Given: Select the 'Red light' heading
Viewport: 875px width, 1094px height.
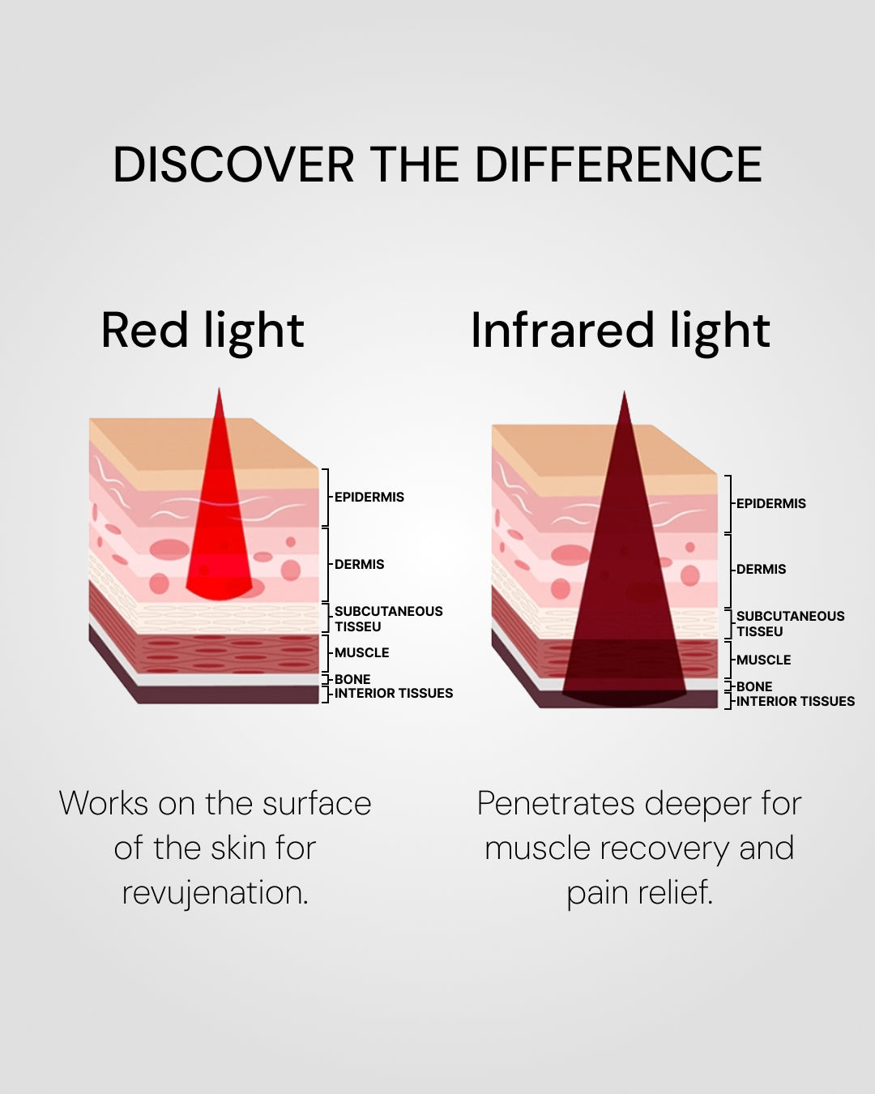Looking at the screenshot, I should (x=203, y=331).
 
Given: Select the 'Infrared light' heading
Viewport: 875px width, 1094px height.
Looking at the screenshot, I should (x=620, y=331).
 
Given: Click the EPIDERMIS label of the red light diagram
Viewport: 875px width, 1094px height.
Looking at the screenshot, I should (x=369, y=497).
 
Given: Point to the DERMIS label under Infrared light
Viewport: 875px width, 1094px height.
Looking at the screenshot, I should (x=761, y=569).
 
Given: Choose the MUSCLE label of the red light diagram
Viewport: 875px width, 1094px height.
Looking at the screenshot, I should (x=361, y=652).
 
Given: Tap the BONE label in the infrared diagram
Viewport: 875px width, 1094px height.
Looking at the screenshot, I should (x=753, y=686).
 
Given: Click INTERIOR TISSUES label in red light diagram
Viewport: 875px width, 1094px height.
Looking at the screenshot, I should (x=394, y=693).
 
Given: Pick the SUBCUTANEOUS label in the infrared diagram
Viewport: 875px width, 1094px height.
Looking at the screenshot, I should (x=790, y=616).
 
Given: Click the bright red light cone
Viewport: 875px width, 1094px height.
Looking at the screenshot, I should (x=219, y=535).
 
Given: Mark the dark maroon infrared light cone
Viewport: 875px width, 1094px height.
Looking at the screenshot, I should (x=624, y=583).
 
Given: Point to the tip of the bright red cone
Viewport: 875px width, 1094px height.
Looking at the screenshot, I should (x=219, y=392).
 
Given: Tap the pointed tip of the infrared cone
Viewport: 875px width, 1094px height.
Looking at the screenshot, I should (x=624, y=395).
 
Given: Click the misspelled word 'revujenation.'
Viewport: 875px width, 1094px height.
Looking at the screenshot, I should (x=215, y=892).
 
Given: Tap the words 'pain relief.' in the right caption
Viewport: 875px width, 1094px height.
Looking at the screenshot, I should (x=639, y=892).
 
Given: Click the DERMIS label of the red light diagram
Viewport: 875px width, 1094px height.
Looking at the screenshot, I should (x=359, y=564).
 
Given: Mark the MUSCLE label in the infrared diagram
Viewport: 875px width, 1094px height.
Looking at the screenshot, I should (x=763, y=660).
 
